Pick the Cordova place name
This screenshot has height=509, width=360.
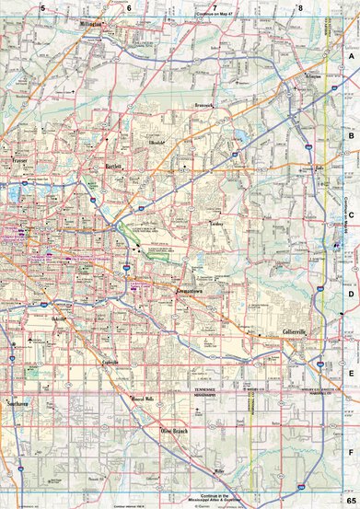pos(215,223)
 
